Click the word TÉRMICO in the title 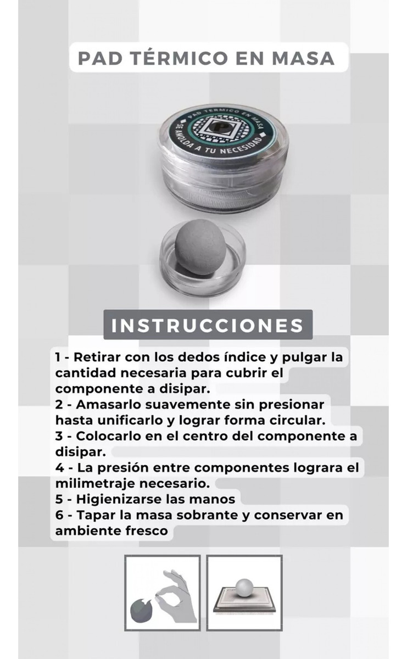[x=179, y=58]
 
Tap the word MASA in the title [x=303, y=58]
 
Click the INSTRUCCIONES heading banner [x=208, y=325]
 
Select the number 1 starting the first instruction [x=58, y=358]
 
